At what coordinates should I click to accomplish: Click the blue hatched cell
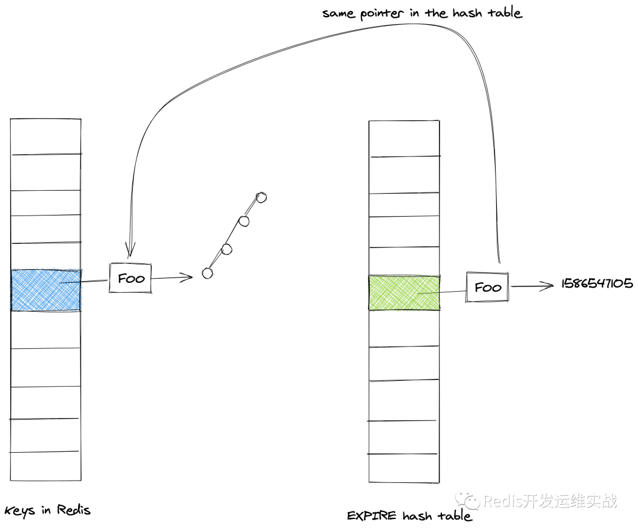point(45,290)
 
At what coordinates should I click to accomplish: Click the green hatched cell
point(404,293)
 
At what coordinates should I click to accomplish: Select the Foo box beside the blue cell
point(130,278)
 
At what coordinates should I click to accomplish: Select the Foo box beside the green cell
point(487,288)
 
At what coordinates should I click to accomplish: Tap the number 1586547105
point(597,283)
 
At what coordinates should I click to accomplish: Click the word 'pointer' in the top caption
point(382,14)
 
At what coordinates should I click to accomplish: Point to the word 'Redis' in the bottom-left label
point(74,510)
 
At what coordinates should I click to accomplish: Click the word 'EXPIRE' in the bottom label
point(372,515)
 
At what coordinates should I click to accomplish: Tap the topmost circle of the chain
point(261,197)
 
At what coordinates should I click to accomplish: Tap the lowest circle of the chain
point(207,273)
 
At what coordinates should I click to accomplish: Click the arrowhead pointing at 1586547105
point(547,286)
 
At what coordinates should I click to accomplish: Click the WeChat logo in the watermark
point(468,501)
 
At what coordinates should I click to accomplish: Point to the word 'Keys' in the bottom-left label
point(19,511)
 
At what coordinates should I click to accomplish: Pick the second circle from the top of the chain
point(243,221)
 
